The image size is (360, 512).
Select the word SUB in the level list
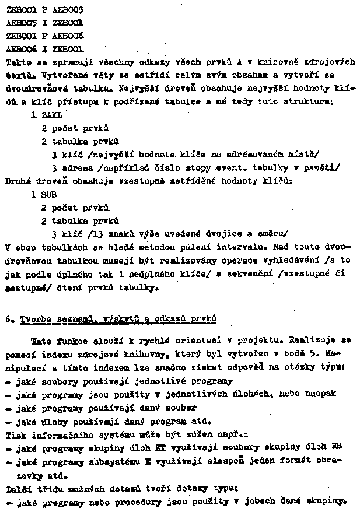(x=49, y=195)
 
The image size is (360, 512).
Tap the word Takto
(x=18, y=61)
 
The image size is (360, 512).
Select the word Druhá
(x=18, y=181)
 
